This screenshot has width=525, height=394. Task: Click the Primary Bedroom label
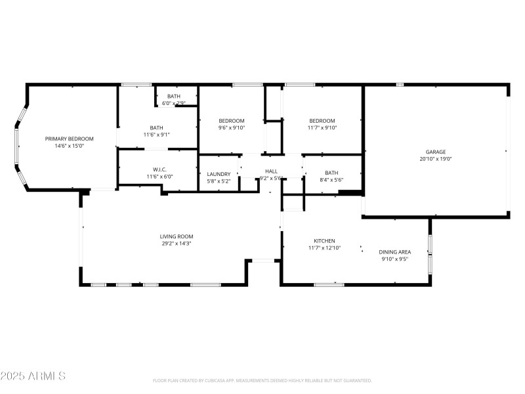tap(69, 139)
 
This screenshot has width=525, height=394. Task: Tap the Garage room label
tap(435, 152)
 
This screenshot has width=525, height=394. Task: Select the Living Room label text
tap(177, 236)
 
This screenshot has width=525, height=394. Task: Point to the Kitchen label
tap(324, 241)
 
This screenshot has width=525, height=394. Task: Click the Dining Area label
tap(395, 252)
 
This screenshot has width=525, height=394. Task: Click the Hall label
tap(271, 171)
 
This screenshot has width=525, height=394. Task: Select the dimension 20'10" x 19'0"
tap(435, 159)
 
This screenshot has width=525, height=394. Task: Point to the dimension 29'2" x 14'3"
tap(177, 244)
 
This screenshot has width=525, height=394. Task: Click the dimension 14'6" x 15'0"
tap(69, 146)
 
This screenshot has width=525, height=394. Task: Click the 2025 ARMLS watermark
tap(33, 376)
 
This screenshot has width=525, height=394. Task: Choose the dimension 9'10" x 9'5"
tap(395, 259)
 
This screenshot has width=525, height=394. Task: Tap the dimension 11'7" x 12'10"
tap(324, 248)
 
